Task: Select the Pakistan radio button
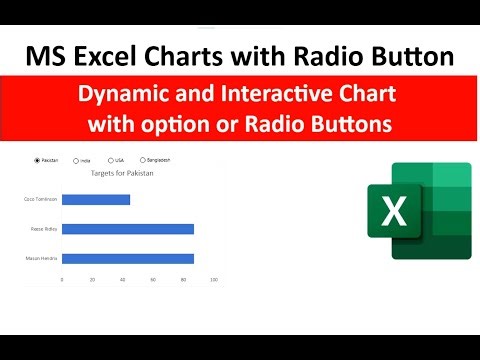[x=37, y=159]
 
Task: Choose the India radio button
[x=74, y=159]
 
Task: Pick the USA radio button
[x=110, y=159]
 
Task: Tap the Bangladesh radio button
[x=143, y=159]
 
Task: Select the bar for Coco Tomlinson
[x=96, y=199]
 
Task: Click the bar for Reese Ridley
[x=127, y=229]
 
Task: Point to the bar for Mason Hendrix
[x=127, y=259]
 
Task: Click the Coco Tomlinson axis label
[x=41, y=199]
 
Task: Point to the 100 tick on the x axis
[x=214, y=279]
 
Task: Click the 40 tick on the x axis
[x=123, y=279]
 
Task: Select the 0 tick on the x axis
[x=62, y=279]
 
